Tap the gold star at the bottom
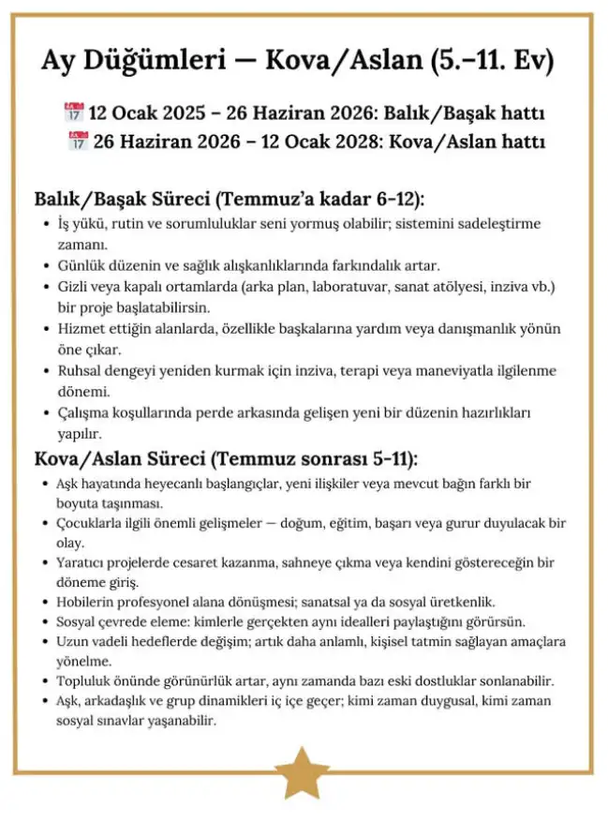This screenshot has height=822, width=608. (x=302, y=772)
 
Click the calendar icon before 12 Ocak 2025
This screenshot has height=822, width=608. (x=73, y=114)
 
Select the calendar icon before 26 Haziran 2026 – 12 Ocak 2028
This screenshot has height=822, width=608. (x=79, y=142)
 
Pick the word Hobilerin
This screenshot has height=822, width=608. (x=91, y=601)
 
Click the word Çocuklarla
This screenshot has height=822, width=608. (x=96, y=522)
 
